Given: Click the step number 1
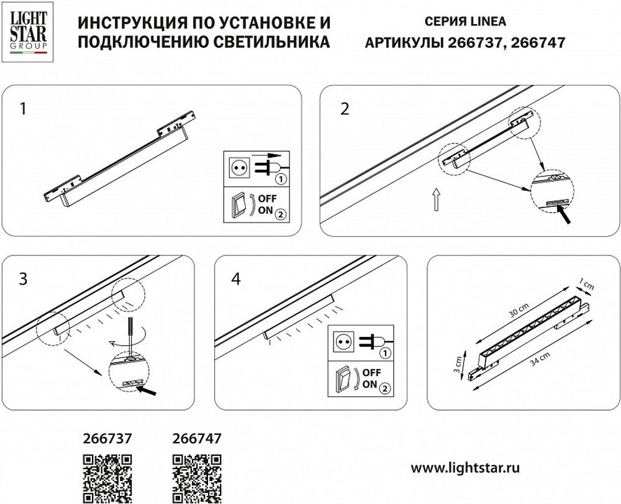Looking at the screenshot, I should (23, 109).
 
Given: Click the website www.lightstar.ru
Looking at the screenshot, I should (466, 465).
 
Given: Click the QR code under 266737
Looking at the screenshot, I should (107, 478).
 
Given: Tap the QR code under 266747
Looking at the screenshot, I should (196, 478).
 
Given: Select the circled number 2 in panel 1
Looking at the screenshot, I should (281, 214).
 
